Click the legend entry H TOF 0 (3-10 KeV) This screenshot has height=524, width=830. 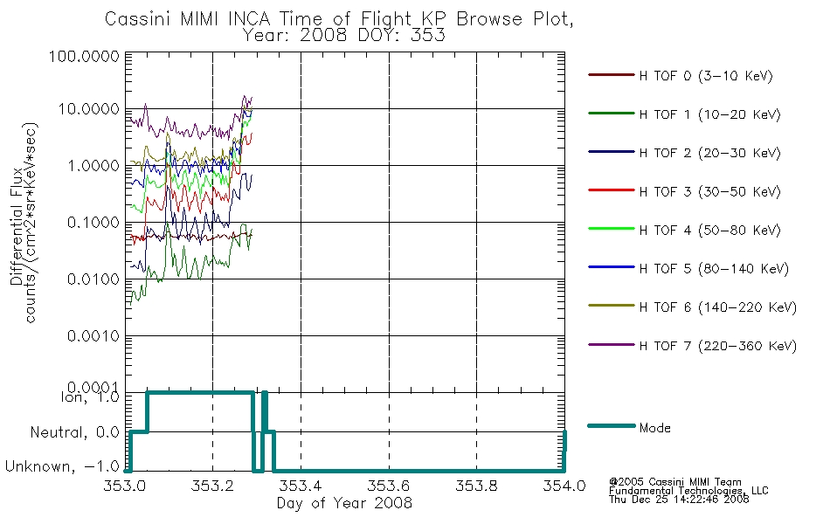706,76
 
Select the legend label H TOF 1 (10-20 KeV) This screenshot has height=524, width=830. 709,114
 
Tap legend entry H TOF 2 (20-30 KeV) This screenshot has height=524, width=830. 709,153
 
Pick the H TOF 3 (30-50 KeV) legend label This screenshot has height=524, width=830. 709,191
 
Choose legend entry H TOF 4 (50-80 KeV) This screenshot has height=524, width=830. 709,231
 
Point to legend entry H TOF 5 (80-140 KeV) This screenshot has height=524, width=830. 714,269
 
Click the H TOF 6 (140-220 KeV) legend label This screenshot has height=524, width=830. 718,307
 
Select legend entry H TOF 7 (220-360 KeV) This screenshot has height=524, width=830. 718,346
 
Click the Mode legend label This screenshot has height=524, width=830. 654,428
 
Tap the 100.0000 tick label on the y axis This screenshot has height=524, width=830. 84,56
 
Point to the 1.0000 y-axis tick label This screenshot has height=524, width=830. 93,166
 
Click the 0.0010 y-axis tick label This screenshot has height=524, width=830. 93,335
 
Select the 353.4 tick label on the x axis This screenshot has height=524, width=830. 301,486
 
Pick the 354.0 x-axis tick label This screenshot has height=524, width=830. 564,486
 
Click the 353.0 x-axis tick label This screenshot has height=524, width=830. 125,486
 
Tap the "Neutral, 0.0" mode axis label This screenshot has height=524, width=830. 74,432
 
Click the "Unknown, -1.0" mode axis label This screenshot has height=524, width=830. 62,466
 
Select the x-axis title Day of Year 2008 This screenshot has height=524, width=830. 344,503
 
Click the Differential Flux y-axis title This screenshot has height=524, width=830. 17,225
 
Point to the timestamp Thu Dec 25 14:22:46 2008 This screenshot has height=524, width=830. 679,500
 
